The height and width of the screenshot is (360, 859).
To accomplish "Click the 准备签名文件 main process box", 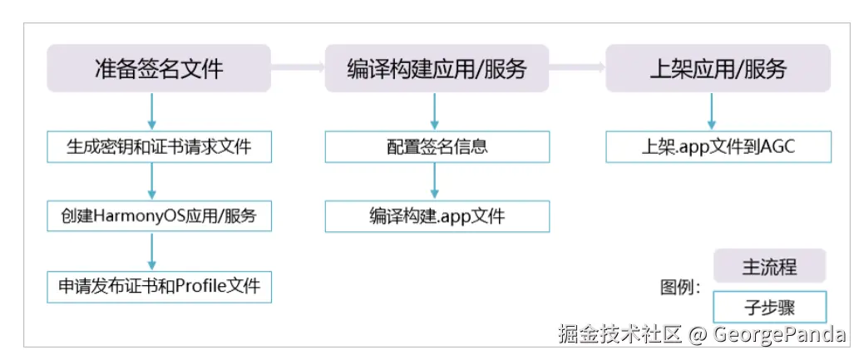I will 158,68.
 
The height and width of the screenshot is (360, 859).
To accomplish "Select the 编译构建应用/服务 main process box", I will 436,68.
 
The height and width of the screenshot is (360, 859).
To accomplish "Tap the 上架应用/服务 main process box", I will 717,68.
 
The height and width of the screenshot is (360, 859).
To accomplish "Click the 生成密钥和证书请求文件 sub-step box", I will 158,147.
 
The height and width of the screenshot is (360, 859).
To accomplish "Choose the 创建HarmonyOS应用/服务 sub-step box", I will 158,217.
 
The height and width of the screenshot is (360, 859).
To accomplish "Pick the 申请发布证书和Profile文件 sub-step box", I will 158,287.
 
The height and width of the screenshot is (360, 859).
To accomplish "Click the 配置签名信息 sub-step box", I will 437,147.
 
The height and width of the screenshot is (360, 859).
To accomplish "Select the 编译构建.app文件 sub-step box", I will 437,217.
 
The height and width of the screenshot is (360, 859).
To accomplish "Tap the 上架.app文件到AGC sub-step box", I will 718,147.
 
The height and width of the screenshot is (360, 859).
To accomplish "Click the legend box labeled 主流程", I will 769,267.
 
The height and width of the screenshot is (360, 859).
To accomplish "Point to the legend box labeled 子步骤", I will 769,307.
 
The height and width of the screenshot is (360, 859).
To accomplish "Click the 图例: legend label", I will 680,288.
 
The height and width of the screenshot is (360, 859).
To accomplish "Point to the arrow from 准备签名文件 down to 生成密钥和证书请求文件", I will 152,111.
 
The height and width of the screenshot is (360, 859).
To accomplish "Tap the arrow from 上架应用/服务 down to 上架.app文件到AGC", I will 712,111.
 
